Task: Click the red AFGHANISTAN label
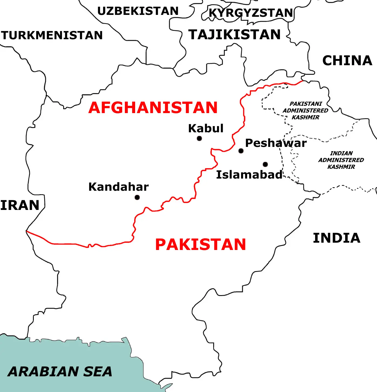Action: coord(153,108)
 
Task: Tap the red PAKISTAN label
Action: coord(201,245)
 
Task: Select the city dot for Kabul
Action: coord(199,139)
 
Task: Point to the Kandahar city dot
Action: coord(137,197)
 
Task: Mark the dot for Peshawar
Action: coord(241,151)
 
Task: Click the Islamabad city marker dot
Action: coord(265,164)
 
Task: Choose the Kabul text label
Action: coord(206,128)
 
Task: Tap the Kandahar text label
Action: coord(118,187)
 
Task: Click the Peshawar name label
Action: coord(276,143)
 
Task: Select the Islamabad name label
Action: coord(249,175)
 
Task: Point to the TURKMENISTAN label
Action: coord(52,35)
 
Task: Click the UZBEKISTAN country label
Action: coord(138,11)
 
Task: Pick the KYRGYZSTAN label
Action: coord(251,13)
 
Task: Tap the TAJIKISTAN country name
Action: coord(235,35)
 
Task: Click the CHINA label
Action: coord(347,61)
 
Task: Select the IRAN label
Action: coord(20,205)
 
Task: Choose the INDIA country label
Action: coord(336,238)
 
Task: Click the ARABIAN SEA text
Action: coord(60,371)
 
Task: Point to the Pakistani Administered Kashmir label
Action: coord(305,110)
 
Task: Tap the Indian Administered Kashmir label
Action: coord(341,160)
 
